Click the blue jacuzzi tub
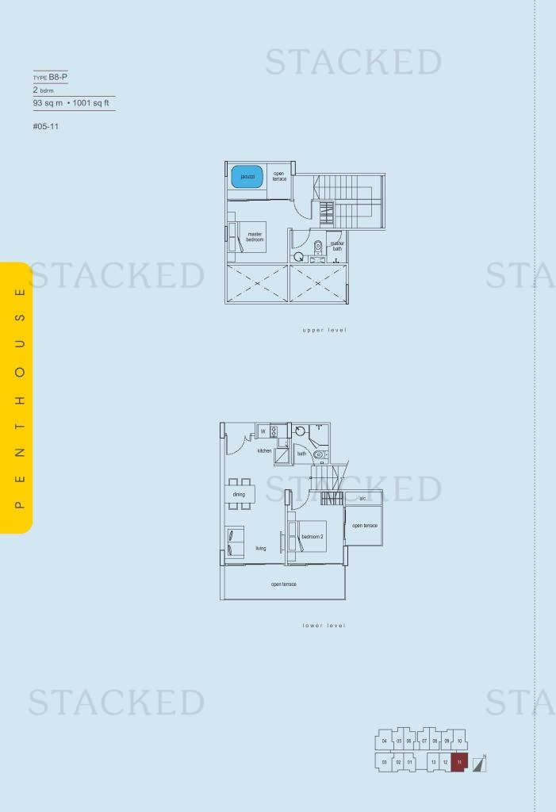(247, 177)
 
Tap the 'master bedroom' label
(255, 236)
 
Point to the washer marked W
(263, 431)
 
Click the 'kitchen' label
(264, 450)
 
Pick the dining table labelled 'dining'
(239, 495)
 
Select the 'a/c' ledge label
(362, 498)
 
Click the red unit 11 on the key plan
(459, 762)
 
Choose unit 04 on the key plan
(384, 741)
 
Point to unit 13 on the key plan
(433, 762)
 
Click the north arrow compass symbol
(479, 764)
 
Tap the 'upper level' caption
(324, 330)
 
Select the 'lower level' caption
(324, 626)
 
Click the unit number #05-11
(45, 127)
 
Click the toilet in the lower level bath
(320, 454)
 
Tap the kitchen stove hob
(274, 431)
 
